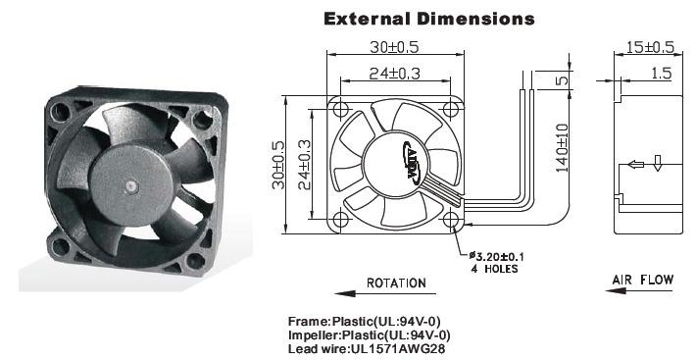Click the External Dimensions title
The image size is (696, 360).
(428, 19)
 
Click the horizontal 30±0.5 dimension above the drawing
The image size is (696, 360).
(394, 47)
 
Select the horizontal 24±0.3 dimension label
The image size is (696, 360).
(394, 74)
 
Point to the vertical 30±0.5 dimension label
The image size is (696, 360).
(278, 165)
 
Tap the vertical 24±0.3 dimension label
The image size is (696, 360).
(305, 165)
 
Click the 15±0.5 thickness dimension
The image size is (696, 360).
(650, 47)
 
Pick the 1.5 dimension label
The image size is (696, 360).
(662, 74)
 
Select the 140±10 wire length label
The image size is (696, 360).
(562, 148)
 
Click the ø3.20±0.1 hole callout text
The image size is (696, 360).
(497, 256)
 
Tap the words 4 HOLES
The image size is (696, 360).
(494, 269)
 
